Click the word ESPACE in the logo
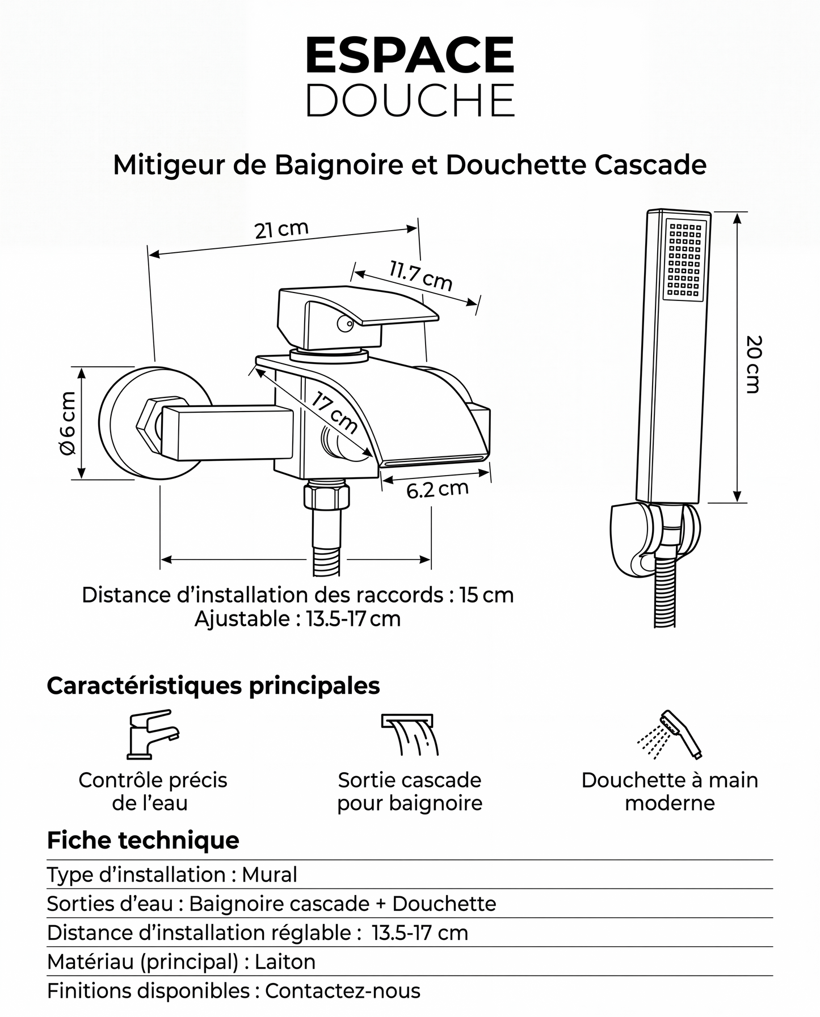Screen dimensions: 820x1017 point(410,55)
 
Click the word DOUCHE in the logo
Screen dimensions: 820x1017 point(410,100)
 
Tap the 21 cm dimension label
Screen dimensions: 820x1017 point(281,230)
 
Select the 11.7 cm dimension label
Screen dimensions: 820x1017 point(420,276)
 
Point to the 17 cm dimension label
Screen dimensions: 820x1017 point(335,413)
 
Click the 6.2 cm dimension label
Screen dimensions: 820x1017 point(437,489)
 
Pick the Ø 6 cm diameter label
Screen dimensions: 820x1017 point(68,423)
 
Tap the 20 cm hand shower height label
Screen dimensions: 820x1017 point(754,365)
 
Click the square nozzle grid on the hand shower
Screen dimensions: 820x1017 point(684,259)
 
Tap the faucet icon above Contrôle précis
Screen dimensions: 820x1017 point(152,734)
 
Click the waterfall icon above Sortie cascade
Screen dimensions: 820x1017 point(410,735)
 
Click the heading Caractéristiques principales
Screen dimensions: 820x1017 point(213,685)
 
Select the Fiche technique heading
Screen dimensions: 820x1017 point(143,840)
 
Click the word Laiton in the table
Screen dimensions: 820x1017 point(285,962)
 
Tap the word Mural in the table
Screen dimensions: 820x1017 point(270,875)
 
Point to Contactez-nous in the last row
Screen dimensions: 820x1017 point(343,991)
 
